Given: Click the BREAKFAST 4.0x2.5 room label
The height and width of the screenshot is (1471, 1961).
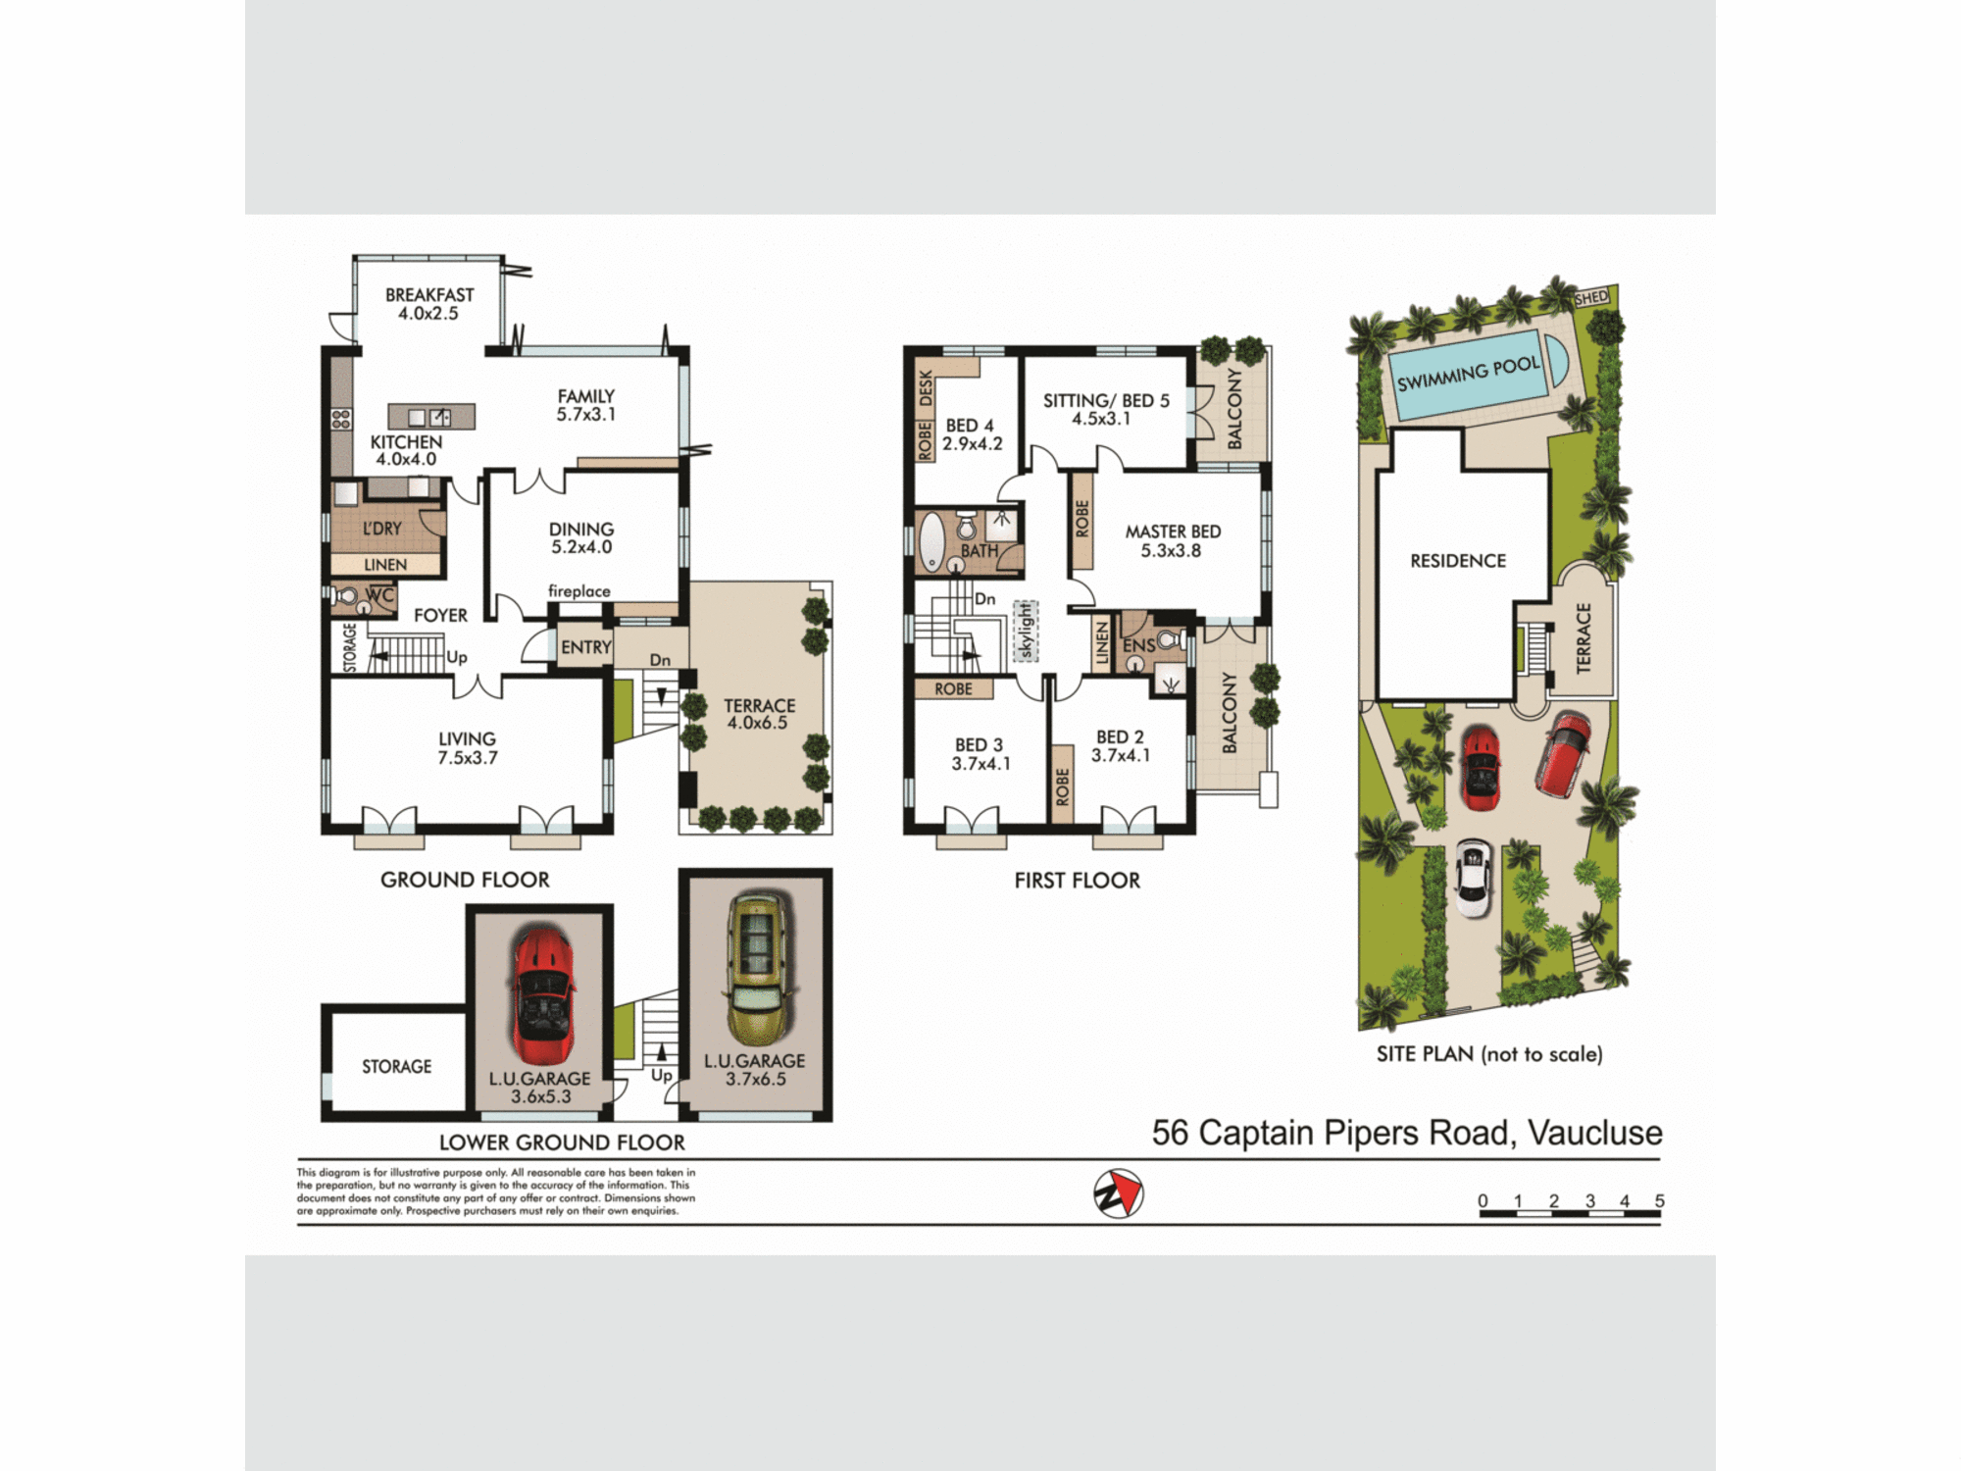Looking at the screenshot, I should click(428, 304).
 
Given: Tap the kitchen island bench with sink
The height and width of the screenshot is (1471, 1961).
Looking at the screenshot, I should click(431, 417).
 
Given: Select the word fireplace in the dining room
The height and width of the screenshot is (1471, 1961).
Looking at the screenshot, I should click(578, 591).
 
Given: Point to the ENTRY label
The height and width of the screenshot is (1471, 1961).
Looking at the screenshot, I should click(585, 647).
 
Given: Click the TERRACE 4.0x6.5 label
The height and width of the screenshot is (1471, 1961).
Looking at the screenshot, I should click(759, 714).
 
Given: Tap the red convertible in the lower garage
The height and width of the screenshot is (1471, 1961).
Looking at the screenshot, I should click(541, 995).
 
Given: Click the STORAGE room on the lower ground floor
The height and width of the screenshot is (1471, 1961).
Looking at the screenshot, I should click(396, 1066).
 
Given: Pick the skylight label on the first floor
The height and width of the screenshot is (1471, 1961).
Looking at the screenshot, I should click(1026, 631).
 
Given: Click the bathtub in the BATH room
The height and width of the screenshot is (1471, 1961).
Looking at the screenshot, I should click(930, 541).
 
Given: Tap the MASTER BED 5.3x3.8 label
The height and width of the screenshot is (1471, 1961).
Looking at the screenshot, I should click(1172, 540).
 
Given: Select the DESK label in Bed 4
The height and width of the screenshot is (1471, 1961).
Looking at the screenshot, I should click(926, 387).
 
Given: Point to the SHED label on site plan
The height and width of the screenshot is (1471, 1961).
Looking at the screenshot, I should click(1591, 297).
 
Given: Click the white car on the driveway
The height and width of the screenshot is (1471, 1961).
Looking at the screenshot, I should click(1473, 877).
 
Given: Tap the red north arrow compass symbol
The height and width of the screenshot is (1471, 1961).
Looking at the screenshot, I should click(1119, 1193).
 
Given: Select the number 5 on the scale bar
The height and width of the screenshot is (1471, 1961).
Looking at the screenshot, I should click(1659, 1201).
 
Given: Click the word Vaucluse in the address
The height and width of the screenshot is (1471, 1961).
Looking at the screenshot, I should click(1594, 1133).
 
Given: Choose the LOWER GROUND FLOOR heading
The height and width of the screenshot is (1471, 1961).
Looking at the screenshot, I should click(562, 1142).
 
